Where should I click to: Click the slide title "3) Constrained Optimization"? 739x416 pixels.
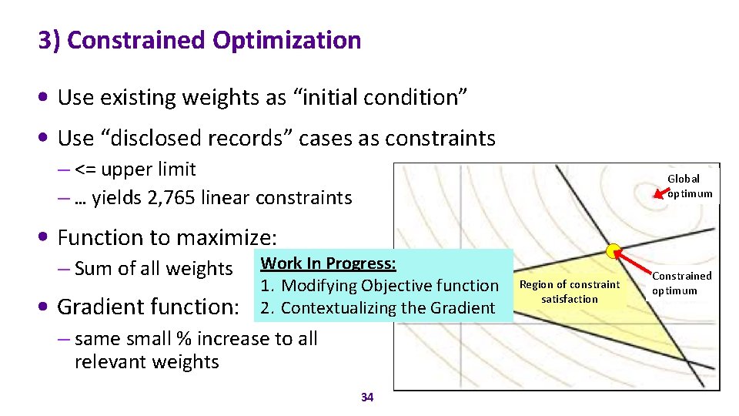pyautogui.click(x=199, y=40)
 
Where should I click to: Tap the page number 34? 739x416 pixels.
pyautogui.click(x=367, y=398)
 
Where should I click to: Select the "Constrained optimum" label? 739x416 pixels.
pyautogui.click(x=681, y=283)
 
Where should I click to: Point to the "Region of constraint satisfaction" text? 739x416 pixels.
pyautogui.click(x=569, y=291)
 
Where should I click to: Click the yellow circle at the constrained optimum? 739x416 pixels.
pyautogui.click(x=614, y=251)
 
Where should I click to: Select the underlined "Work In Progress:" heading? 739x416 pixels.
pyautogui.click(x=328, y=263)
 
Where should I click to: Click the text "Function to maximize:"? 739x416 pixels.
pyautogui.click(x=166, y=237)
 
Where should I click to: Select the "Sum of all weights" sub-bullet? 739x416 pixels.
pyautogui.click(x=153, y=268)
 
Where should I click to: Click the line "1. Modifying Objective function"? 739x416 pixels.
pyautogui.click(x=380, y=286)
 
